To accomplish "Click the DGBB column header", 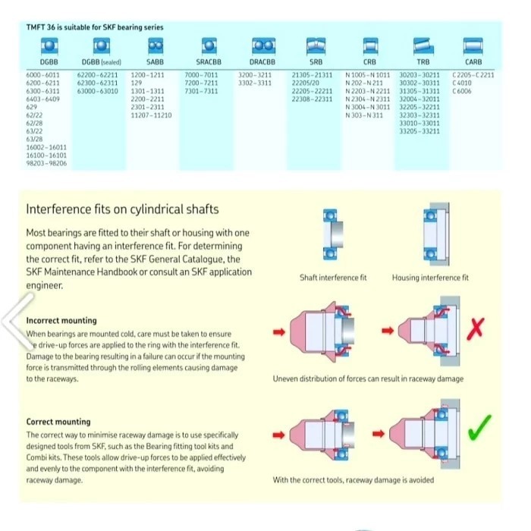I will (x=49, y=61).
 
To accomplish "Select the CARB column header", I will (x=473, y=61).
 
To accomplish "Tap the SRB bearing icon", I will (x=316, y=45).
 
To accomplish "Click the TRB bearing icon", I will (x=422, y=45).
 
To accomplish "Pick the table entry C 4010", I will (x=462, y=83).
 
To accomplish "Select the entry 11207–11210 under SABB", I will (x=151, y=115).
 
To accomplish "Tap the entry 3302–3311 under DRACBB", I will (x=255, y=83).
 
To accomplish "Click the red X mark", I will (x=476, y=328).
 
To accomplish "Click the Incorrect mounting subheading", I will (x=61, y=321).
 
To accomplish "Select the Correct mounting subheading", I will (x=58, y=422).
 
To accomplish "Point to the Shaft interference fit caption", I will (x=332, y=278).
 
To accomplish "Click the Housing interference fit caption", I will (x=430, y=278).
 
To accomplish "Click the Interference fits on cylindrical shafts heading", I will (x=122, y=209).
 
